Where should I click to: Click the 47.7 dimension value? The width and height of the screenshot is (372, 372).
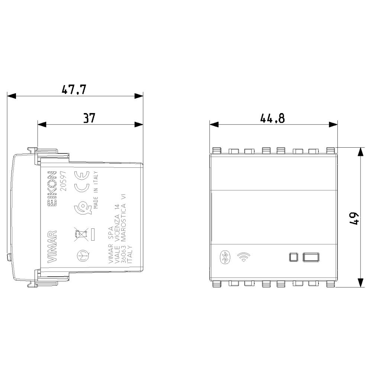coord(74,89)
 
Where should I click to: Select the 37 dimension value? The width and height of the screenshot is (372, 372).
coord(89,118)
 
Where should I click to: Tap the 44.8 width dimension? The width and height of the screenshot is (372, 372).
coord(272,118)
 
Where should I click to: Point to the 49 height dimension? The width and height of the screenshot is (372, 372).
coord(354,218)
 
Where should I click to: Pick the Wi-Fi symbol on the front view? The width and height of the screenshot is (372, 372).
coord(244,257)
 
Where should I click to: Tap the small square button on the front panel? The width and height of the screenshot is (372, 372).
coord(294,257)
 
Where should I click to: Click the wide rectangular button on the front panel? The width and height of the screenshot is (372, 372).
coord(311,257)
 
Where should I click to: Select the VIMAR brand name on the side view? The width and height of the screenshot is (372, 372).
coord(52,247)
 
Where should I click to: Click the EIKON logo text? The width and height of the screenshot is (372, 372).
coord(52,188)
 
